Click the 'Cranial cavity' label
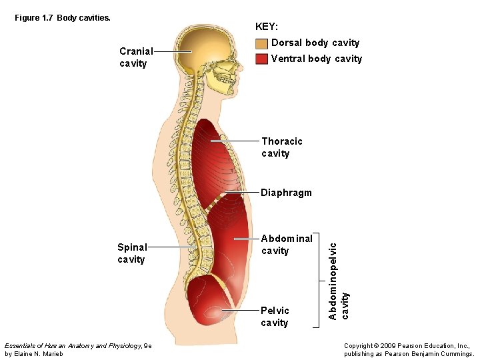point(136,57)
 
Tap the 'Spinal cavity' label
point(132,253)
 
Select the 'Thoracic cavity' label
point(281,147)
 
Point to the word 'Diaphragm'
point(286,193)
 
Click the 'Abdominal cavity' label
point(287,245)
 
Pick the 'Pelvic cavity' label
point(275,317)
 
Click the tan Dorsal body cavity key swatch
point(261,43)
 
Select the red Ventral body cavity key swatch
point(261,59)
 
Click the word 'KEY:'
point(267,27)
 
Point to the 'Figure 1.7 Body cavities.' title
point(63,18)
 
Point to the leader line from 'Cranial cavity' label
point(173,51)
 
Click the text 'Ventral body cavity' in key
point(316,59)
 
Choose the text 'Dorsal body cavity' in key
point(315,43)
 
